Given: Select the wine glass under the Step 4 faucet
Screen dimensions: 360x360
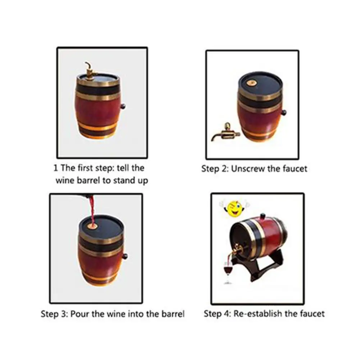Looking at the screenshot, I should click(x=228, y=272).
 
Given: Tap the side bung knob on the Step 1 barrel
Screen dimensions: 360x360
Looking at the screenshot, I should click(x=123, y=106).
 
